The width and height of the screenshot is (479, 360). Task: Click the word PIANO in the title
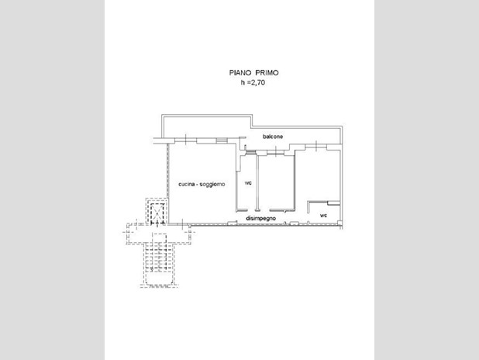coord(240,73)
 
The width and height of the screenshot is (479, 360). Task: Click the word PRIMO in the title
coord(267,73)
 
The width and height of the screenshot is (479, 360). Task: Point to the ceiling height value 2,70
coord(258,82)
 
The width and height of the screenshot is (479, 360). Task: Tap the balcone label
coord(273,137)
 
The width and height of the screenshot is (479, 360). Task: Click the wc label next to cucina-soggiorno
coord(248,183)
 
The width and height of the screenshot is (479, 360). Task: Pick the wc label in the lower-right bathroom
coord(323,216)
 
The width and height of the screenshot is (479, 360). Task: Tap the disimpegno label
coord(261,218)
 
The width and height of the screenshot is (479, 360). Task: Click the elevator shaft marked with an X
coord(157,211)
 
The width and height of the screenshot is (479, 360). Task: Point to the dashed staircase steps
coord(160,253)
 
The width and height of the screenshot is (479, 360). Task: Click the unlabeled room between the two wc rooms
coord(276,182)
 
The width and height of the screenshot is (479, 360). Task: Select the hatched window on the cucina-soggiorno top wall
coord(222,140)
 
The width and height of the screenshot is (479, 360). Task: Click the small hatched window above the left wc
coord(251,152)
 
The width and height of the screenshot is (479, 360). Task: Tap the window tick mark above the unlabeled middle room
coord(276,151)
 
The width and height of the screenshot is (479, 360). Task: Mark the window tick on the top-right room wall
coord(316,146)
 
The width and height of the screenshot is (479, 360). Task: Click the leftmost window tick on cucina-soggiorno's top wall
coord(186,139)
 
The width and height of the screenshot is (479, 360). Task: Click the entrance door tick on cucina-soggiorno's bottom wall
coord(182,223)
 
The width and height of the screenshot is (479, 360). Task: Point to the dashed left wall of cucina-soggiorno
coord(167,184)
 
